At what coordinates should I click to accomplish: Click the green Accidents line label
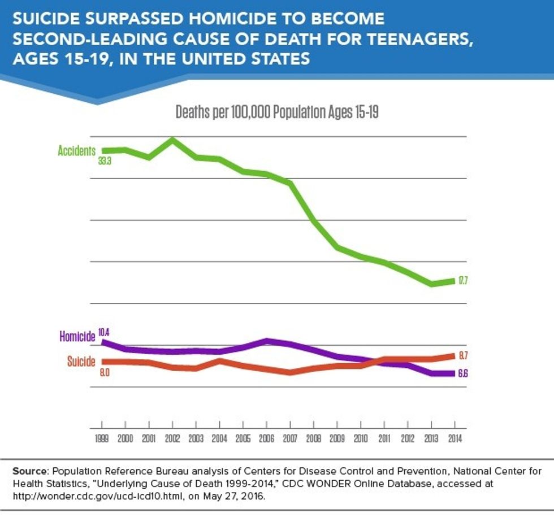(x=76, y=151)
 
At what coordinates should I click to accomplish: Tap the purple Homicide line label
(x=77, y=337)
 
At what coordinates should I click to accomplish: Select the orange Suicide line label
(x=81, y=362)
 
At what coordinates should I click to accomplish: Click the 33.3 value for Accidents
(x=105, y=161)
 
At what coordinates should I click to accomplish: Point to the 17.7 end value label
(x=462, y=280)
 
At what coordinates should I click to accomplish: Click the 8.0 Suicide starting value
(x=105, y=373)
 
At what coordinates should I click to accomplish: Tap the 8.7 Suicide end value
(x=463, y=355)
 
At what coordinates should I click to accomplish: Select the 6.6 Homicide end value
(x=462, y=373)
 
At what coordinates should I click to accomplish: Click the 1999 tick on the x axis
(x=102, y=438)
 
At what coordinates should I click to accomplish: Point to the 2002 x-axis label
(x=172, y=438)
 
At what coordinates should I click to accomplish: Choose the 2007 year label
(x=290, y=438)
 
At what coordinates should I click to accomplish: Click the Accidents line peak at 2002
(x=172, y=139)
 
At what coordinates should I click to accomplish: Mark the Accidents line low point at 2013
(x=431, y=284)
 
